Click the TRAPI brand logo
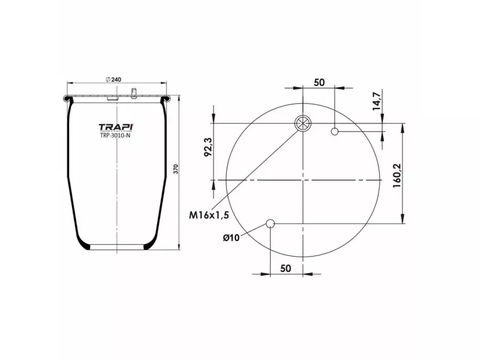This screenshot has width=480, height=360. pyautogui.click(x=116, y=127)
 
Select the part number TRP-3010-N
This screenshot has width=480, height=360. pyautogui.click(x=116, y=136)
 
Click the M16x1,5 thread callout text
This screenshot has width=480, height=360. pyautogui.click(x=209, y=214)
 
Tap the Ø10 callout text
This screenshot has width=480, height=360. pyautogui.click(x=231, y=238)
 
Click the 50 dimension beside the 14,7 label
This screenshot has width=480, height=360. pyautogui.click(x=319, y=82)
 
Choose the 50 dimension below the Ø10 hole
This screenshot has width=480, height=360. pyautogui.click(x=286, y=268)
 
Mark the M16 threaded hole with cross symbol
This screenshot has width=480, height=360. pyautogui.click(x=304, y=124)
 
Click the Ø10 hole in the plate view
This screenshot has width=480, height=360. pyautogui.click(x=271, y=224)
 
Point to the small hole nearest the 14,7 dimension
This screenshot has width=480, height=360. pyautogui.click(x=335, y=131)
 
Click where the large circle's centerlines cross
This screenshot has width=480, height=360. pyautogui.click(x=304, y=179)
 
